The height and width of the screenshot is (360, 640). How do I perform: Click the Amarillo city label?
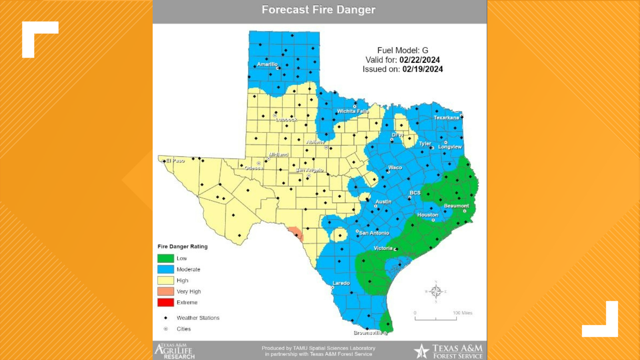(267, 64)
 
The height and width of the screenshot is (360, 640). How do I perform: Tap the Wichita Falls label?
(353, 111)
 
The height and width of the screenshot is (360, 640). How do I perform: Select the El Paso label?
(175, 161)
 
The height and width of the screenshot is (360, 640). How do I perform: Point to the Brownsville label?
(368, 333)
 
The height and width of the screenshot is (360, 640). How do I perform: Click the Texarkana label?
(446, 118)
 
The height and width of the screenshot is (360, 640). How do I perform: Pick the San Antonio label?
(374, 233)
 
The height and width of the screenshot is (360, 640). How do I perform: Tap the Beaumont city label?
(456, 206)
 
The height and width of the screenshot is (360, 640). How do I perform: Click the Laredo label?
(341, 283)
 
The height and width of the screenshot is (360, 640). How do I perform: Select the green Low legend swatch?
(166, 258)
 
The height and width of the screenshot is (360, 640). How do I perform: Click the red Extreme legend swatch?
(166, 302)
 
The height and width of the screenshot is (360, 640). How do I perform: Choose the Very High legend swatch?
(166, 291)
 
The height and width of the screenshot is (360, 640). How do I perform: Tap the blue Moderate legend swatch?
(166, 269)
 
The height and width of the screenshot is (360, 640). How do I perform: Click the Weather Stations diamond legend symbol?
(166, 318)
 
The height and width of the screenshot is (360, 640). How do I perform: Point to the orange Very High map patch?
(296, 233)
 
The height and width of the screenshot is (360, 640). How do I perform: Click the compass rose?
(436, 292)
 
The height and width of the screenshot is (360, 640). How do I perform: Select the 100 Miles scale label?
(462, 313)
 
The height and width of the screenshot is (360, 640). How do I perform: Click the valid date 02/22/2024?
(419, 60)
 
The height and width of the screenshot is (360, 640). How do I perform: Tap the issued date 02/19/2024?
(422, 69)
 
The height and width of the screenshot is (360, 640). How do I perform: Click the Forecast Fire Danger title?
(318, 10)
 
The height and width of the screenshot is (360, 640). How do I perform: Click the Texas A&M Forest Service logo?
(448, 351)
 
